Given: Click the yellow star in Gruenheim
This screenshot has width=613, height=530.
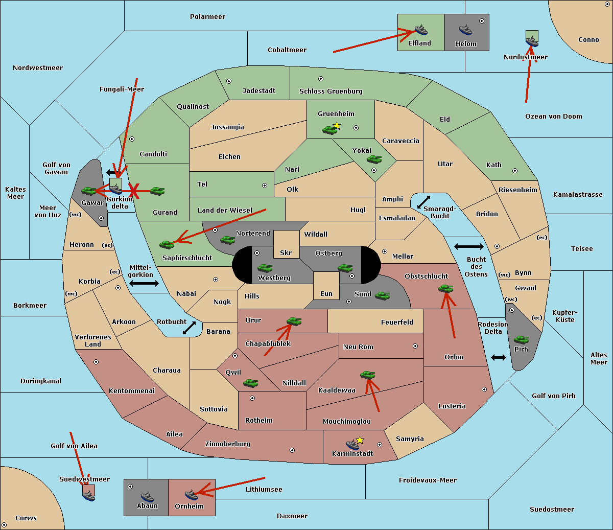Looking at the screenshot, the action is tap(337, 126).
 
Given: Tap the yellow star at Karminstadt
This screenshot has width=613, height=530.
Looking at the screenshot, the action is tap(360, 440).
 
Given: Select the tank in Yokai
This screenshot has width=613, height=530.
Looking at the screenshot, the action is tap(374, 159).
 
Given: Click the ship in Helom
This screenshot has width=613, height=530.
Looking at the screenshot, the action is tap(465, 30).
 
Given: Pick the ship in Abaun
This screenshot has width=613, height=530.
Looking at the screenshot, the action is tap(147, 496).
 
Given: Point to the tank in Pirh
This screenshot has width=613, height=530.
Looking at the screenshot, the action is tap(521, 339).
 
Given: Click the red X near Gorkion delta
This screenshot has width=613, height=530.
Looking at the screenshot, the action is tap(134, 191).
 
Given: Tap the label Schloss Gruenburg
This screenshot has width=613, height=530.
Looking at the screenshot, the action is tap(331, 91).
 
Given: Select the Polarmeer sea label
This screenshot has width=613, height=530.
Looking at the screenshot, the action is tap(207, 17).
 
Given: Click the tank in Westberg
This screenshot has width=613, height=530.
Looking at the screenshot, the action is tap(265, 268).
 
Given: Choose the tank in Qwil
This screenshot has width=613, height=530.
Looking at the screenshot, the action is tap(250, 383).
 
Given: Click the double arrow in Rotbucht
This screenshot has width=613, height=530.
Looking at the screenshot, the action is tap(189, 328).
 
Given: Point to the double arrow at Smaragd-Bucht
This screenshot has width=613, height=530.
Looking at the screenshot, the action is tap(423, 202).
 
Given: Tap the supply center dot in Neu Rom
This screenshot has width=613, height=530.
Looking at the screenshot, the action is tap(415, 346).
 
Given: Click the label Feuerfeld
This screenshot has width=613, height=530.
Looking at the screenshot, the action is tap(397, 322).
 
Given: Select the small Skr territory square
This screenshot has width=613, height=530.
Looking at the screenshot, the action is tap(286, 244).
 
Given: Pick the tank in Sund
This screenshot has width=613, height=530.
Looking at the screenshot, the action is tap(382, 295).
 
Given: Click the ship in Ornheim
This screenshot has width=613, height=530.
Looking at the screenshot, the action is tap(191, 495).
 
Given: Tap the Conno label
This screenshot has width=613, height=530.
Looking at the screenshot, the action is tap(588, 40).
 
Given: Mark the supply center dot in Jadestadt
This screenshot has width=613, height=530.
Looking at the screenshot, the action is tap(229, 81).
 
